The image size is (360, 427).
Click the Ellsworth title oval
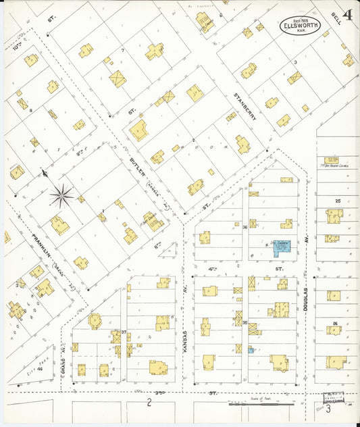(300, 26)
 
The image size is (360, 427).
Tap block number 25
(337, 201)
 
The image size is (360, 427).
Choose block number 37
(124, 332)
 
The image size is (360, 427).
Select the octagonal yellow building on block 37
(95, 320)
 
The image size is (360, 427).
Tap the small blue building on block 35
(251, 349)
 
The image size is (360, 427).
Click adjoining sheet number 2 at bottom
(147, 404)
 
